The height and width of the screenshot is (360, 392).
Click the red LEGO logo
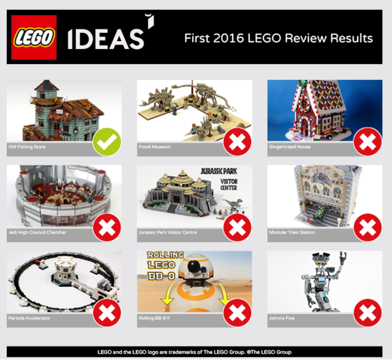click(x=34, y=38)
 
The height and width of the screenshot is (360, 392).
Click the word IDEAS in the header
click(x=106, y=39)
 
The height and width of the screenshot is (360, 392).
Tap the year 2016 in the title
click(x=228, y=38)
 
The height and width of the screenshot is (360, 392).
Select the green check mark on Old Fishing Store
click(x=107, y=142)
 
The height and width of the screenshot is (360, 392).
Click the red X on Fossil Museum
click(x=237, y=142)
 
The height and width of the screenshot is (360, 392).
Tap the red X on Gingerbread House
click(x=367, y=142)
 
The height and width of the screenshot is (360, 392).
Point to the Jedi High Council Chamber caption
click(x=37, y=232)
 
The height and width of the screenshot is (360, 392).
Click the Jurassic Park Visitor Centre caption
click(x=168, y=232)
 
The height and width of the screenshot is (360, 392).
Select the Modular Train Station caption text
click(x=292, y=232)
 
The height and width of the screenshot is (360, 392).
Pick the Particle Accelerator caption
click(x=29, y=318)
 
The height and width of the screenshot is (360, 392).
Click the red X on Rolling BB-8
click(x=237, y=313)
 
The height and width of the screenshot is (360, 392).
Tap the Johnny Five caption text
click(x=282, y=318)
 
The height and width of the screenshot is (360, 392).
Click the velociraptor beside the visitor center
click(x=232, y=203)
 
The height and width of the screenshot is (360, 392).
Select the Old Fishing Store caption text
click(x=27, y=147)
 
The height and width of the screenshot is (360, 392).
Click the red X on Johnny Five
click(x=367, y=313)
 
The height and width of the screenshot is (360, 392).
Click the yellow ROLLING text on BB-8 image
click(x=165, y=255)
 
